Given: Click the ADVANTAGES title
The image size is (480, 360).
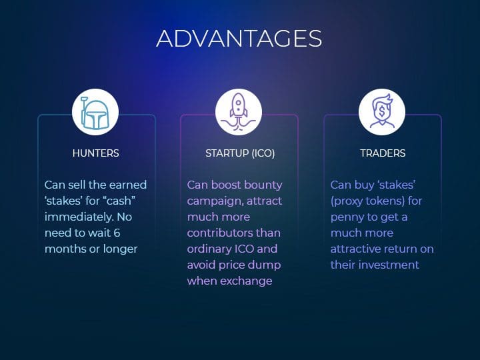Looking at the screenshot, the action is coord(239,39).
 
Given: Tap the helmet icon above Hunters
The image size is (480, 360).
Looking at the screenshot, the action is coord(95,113).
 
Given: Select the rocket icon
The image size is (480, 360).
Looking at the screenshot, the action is coord(239,112).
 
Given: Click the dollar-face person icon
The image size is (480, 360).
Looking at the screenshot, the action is coord(382,111).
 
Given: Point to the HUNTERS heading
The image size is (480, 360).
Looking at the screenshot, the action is coord(95,153).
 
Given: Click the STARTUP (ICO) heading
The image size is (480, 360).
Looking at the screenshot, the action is coord(240,153).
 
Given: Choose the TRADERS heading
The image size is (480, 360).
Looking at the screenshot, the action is coord(383,153).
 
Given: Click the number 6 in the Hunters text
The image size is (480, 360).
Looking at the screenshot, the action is coord(117,233).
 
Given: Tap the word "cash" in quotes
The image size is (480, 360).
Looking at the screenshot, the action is coord(119,201).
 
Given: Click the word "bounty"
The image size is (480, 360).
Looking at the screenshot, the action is coord(263,185).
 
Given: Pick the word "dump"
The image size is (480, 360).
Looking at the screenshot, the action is coord(267,265).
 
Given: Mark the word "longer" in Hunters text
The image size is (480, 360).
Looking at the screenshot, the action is coord(120,249).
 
